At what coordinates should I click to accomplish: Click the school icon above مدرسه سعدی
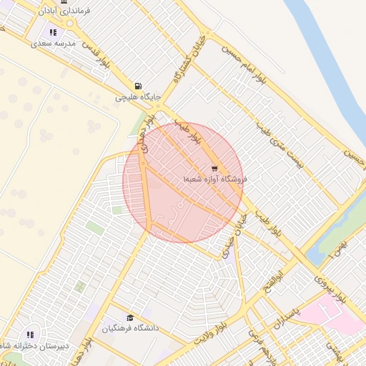(53, 32)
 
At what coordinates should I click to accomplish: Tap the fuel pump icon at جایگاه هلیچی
(137, 85)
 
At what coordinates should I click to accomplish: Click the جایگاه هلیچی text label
(139, 97)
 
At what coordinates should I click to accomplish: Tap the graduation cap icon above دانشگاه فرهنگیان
(129, 318)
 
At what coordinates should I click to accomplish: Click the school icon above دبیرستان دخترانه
(30, 335)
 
